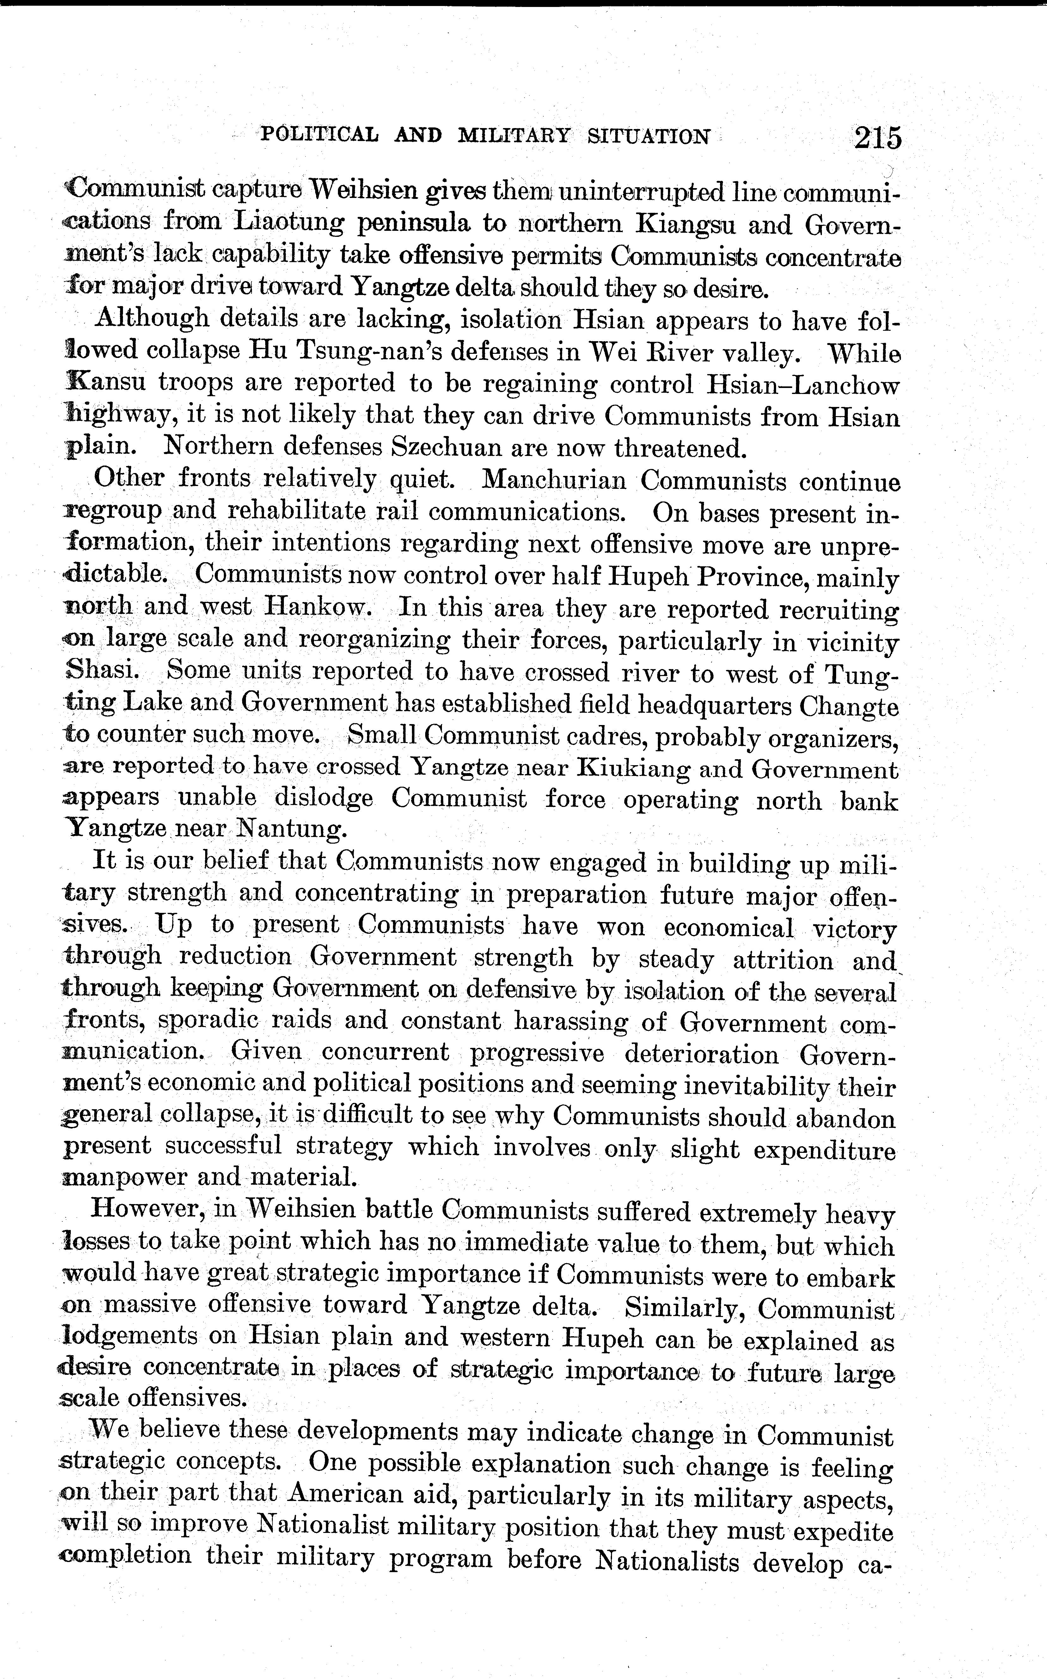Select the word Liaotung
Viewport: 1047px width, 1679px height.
point(290,223)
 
